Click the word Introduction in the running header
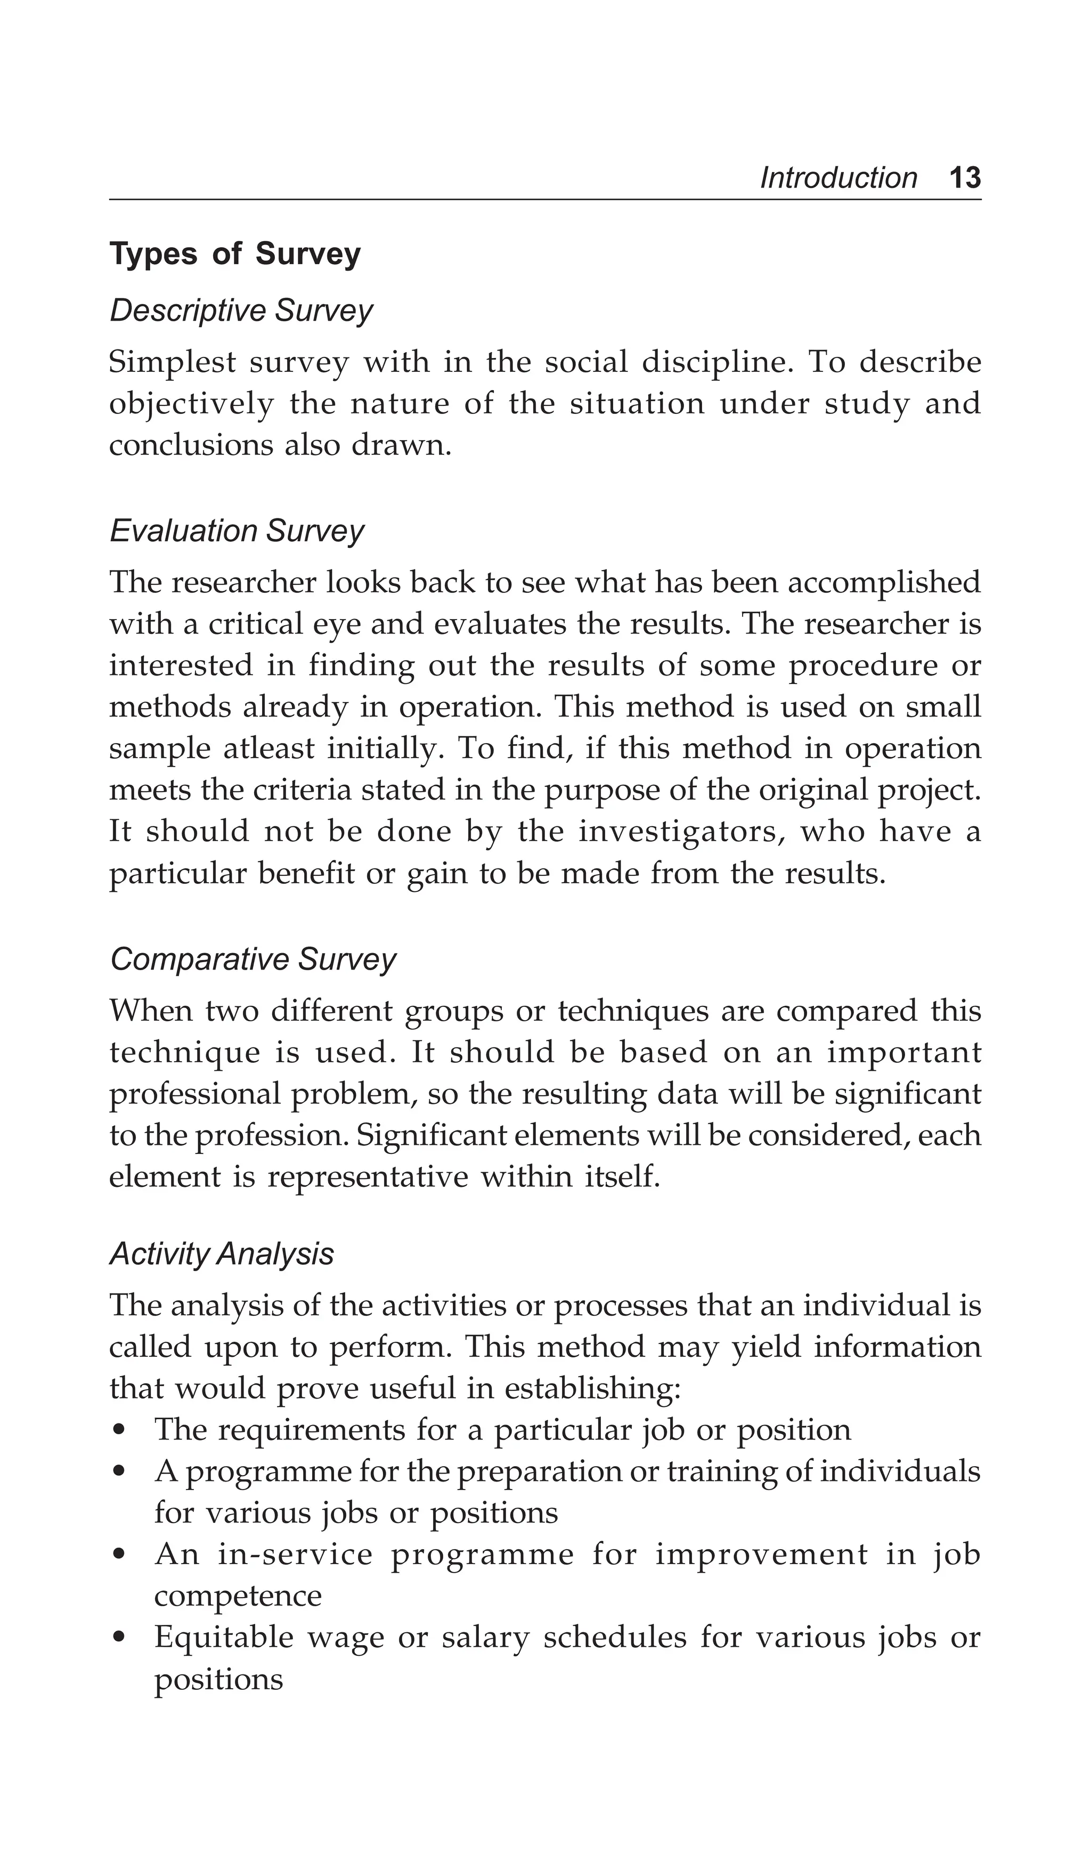coord(838,178)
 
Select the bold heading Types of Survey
coord(235,254)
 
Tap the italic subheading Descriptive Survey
coord(241,311)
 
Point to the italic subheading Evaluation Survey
coord(237,531)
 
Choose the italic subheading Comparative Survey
coord(253,959)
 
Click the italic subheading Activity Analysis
coord(222,1254)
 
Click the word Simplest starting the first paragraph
coord(172,362)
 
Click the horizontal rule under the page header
coord(545,199)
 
